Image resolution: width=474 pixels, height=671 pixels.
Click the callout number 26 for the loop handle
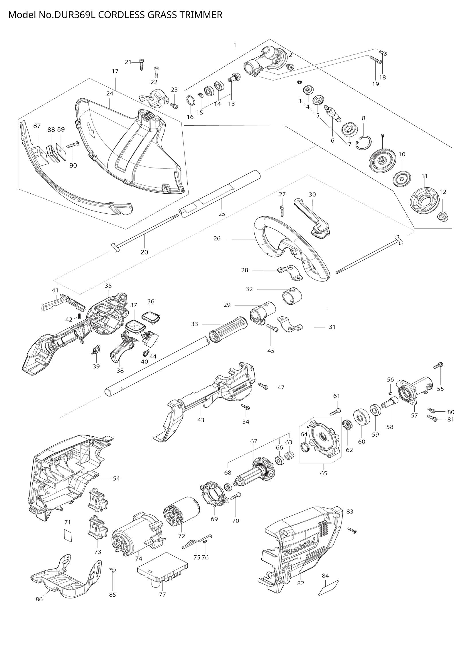pos(217,238)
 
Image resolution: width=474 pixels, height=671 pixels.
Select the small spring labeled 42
pos(79,316)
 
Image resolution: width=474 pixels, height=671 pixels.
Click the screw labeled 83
pos(352,530)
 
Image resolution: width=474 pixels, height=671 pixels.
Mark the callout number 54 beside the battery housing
pos(116,479)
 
